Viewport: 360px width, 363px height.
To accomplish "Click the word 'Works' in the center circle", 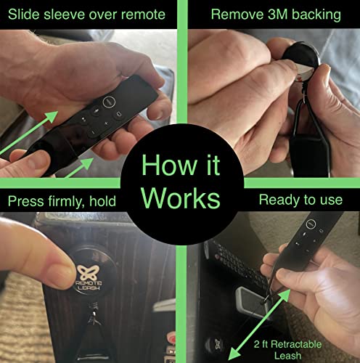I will [x=179, y=198].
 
